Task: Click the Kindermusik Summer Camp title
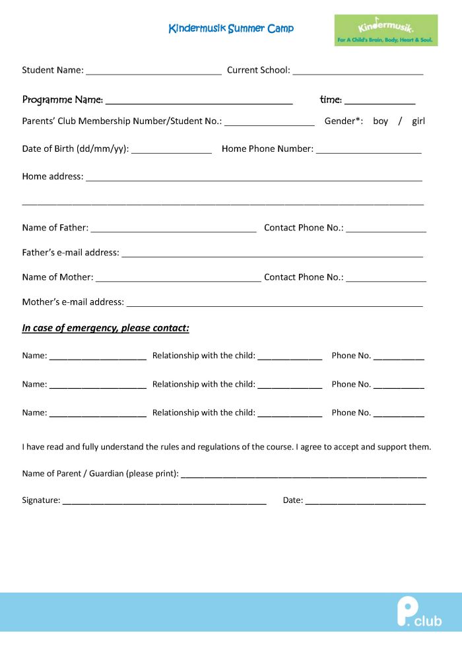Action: point(231,28)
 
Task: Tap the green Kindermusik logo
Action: point(385,30)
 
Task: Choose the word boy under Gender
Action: point(380,121)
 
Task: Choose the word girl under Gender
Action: point(418,121)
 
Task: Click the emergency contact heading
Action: point(106,328)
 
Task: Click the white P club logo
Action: point(418,612)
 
